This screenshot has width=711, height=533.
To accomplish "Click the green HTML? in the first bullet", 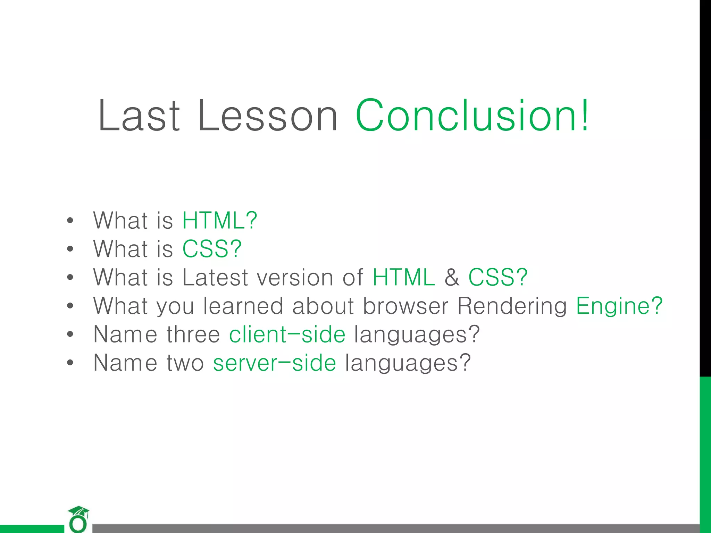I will pyautogui.click(x=219, y=220).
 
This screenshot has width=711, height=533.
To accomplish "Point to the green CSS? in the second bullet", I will pyautogui.click(x=212, y=249).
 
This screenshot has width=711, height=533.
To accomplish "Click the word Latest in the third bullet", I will pyautogui.click(x=215, y=277).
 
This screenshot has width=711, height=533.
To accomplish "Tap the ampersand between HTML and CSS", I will pyautogui.click(x=451, y=277).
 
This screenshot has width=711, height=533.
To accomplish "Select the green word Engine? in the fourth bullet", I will pyautogui.click(x=619, y=306).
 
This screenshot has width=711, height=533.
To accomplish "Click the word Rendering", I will pyautogui.click(x=512, y=306).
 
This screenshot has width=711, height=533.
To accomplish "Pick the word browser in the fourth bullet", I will pyautogui.click(x=405, y=306).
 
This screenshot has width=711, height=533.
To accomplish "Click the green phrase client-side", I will pyautogui.click(x=287, y=335).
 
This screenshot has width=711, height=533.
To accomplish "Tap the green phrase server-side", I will pyautogui.click(x=274, y=363).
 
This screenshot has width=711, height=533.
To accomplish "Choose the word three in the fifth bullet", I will pyautogui.click(x=193, y=335).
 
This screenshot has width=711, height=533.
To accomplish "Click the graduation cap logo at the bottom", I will pyautogui.click(x=78, y=519).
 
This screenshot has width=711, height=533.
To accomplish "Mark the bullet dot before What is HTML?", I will pyautogui.click(x=70, y=221).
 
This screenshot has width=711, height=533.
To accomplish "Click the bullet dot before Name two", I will pyautogui.click(x=70, y=363).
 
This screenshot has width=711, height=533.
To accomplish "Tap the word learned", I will pyautogui.click(x=243, y=306).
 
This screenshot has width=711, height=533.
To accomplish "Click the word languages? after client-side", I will pyautogui.click(x=417, y=335).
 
